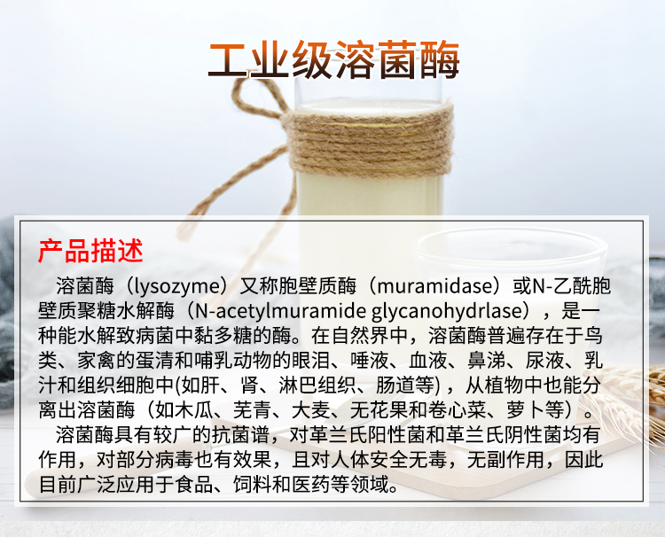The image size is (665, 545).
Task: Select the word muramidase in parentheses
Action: [x=432, y=286]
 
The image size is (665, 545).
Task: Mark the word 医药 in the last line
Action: [x=373, y=485]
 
